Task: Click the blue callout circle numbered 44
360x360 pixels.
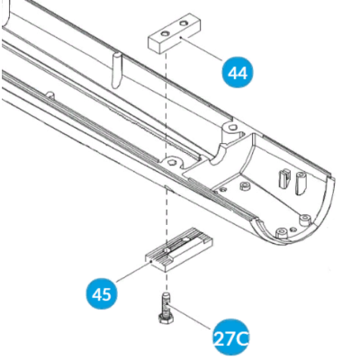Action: tap(238, 73)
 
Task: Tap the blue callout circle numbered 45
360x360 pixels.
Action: tap(102, 294)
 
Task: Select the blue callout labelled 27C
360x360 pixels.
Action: tap(231, 338)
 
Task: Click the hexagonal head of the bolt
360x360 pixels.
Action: tap(166, 319)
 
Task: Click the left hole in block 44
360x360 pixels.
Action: tap(165, 32)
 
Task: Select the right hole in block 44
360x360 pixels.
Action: tap(183, 23)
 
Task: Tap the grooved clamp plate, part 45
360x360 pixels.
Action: tap(179, 249)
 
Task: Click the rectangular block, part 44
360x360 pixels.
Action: tap(175, 33)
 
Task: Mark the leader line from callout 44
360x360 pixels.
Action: tap(202, 49)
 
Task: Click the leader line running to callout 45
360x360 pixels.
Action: tap(134, 272)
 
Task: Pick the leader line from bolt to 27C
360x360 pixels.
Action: tap(190, 317)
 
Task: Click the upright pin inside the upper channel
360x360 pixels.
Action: tap(116, 71)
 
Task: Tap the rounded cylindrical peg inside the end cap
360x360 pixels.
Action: tap(300, 182)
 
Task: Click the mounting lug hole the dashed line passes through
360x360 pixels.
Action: tap(171, 162)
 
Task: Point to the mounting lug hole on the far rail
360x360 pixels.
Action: tap(231, 128)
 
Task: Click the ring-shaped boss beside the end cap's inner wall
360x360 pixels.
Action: tap(244, 186)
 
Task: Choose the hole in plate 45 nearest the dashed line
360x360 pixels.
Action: tap(166, 249)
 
